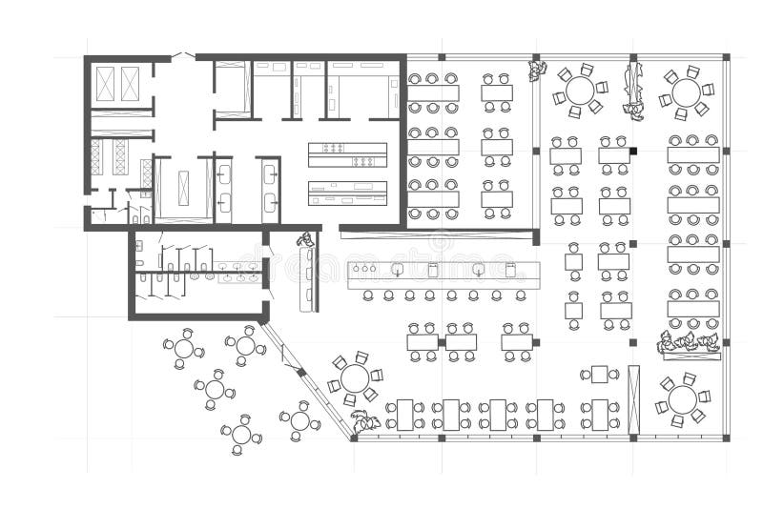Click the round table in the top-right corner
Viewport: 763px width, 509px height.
point(686,92)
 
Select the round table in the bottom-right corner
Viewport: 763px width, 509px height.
point(682,398)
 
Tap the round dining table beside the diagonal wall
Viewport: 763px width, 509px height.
point(355,378)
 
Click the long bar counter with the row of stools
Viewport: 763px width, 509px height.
point(443,271)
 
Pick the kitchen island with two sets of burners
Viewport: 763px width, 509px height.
point(347,154)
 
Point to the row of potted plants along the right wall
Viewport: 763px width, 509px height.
point(689,343)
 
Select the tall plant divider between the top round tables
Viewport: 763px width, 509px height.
point(632,91)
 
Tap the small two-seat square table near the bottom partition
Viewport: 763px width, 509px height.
point(599,374)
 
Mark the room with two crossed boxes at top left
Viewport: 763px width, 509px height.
point(118,84)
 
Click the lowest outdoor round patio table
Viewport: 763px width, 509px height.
point(241,435)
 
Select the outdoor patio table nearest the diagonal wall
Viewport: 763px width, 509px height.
point(299,420)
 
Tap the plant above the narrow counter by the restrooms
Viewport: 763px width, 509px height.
point(305,239)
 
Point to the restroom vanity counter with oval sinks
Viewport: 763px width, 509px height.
point(237,273)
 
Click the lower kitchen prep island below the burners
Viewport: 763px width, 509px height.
point(347,193)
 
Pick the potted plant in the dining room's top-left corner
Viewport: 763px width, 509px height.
point(537,69)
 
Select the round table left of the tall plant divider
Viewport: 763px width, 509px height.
point(579,92)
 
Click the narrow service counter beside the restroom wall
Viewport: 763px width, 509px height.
point(307,278)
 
